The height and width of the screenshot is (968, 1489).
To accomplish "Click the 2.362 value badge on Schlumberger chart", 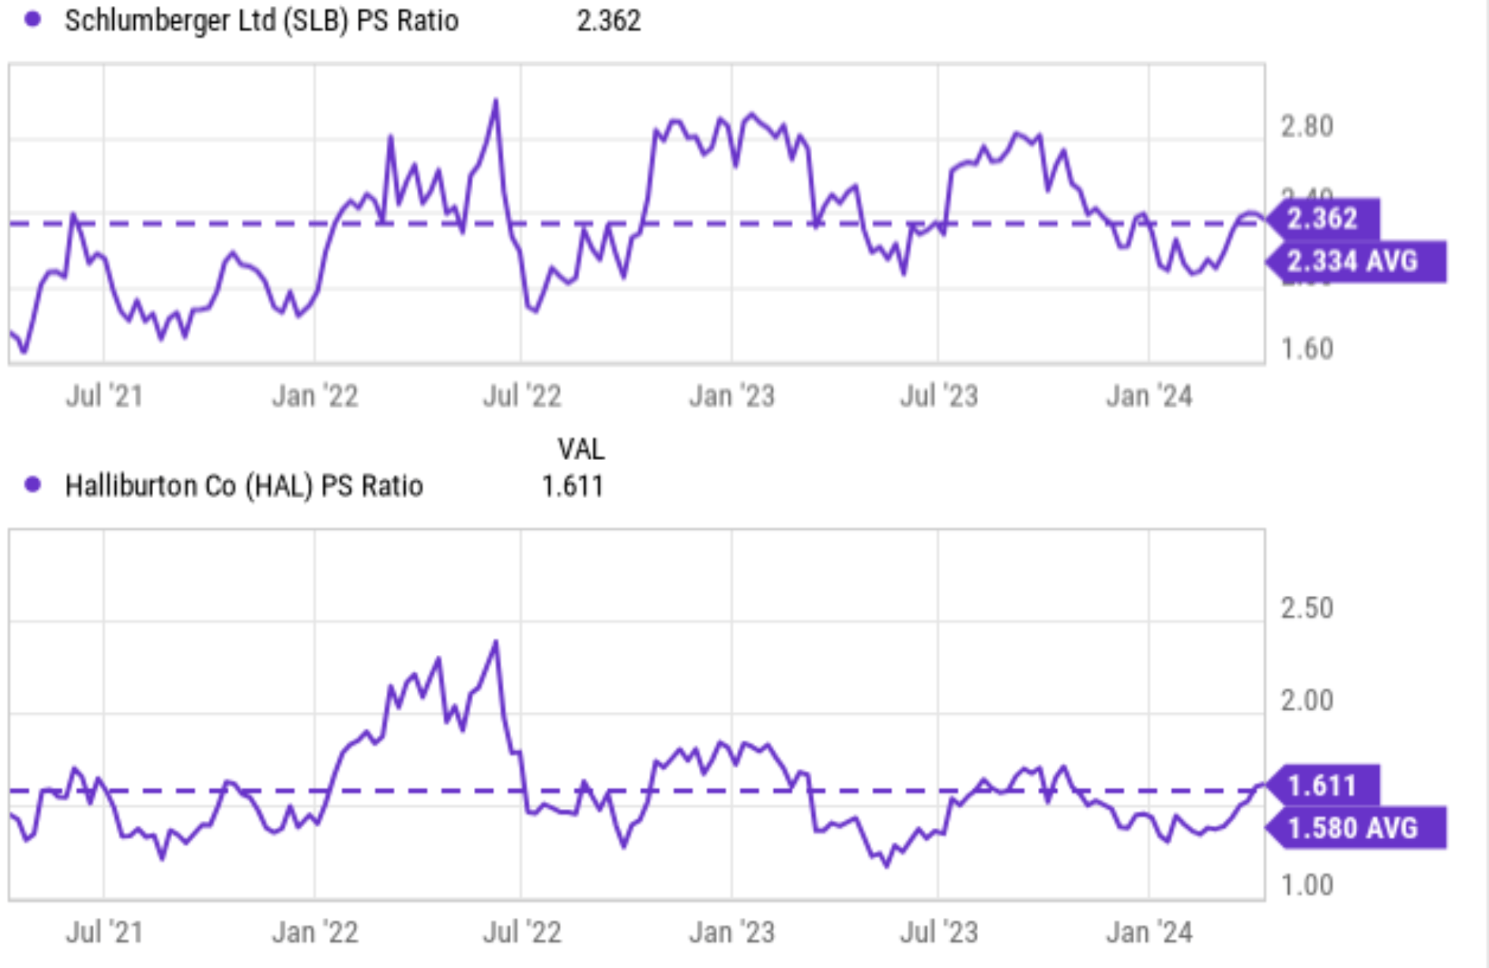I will click(1322, 219).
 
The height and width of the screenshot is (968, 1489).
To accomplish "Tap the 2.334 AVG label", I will click(1353, 262).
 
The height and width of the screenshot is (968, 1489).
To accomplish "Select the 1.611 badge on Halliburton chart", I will click(1322, 785).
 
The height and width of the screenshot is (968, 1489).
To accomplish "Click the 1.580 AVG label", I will click(1353, 828).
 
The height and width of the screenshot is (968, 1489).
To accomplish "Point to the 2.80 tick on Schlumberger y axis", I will click(1306, 127).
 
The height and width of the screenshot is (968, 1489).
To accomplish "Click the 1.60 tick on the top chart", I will click(1306, 349).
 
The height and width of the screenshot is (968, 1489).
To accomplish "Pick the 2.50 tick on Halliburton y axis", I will click(1306, 609).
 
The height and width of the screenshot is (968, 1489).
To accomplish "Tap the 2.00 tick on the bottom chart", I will click(1306, 700).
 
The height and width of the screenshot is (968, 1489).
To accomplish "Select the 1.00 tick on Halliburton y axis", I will click(1306, 885).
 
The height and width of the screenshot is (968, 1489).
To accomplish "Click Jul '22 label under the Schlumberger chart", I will click(522, 396).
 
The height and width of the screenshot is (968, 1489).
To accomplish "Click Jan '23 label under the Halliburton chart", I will click(732, 932).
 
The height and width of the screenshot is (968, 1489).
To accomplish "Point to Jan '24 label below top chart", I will click(1149, 396).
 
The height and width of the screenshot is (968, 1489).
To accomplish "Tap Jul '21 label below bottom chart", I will click(105, 932).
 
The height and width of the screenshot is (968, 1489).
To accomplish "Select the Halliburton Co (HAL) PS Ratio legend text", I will click(243, 486).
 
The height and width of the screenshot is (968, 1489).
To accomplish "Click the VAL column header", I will click(581, 450).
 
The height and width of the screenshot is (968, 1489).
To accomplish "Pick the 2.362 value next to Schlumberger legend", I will click(609, 20).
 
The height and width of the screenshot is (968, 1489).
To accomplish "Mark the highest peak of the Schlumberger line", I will click(496, 100).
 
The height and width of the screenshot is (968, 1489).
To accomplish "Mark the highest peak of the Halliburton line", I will click(496, 642).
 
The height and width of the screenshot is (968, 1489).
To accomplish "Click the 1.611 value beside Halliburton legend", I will click(572, 486).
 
